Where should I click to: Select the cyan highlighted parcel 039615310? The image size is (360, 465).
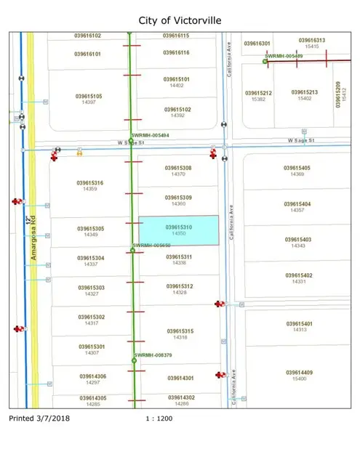(x=179, y=230)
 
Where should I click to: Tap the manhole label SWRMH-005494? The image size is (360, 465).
(x=151, y=136)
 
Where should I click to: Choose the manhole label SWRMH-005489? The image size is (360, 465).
(x=284, y=55)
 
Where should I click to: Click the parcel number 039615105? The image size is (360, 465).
(x=89, y=95)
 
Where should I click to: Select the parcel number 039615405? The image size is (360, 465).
(x=297, y=169)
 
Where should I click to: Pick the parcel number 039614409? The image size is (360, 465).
(x=298, y=373)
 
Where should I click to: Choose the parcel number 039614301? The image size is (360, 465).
(x=179, y=378)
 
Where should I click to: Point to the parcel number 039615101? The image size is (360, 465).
(x=177, y=79)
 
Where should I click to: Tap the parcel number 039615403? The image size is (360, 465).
(x=297, y=239)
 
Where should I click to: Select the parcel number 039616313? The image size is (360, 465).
(x=312, y=41)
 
